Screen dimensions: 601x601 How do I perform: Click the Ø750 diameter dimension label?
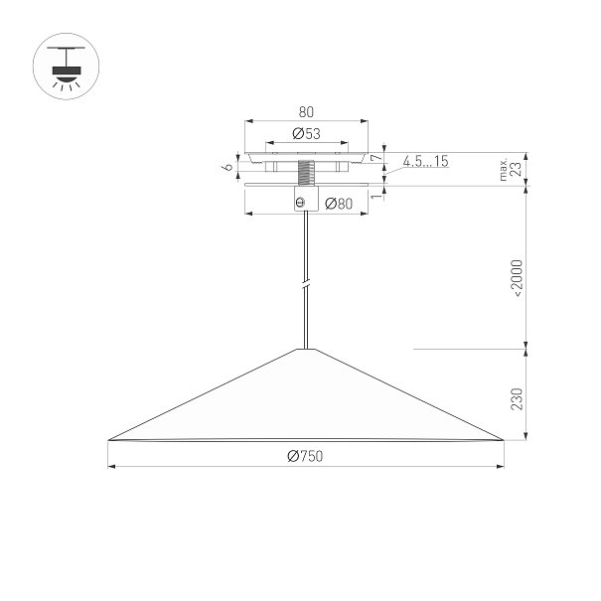coord(305,456)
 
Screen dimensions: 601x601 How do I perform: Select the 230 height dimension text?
coord(518,399)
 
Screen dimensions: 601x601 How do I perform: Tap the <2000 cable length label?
coord(518,278)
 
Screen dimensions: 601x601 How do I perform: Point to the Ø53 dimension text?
coord(306,133)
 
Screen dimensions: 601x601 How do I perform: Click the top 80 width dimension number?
coord(306,112)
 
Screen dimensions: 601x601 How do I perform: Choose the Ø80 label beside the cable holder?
coord(339,204)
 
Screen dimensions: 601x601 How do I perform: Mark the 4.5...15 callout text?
coord(425,161)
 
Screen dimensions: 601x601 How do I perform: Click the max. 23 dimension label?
coord(511,169)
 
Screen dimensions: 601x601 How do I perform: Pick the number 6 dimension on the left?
coord(228,167)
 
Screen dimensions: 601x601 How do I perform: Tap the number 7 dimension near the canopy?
coord(376,158)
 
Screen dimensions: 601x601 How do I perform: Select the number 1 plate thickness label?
coord(377,196)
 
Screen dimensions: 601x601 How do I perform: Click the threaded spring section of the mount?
coord(306,173)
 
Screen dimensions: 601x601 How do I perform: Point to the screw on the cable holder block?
coord(301,202)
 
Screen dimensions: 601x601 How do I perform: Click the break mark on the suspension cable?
coord(306,285)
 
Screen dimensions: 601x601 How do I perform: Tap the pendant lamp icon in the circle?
coord(66,67)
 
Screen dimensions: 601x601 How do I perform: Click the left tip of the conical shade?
coord(108,440)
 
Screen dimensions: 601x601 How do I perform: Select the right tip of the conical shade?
coord(504,440)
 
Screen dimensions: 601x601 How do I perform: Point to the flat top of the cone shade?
coord(306,350)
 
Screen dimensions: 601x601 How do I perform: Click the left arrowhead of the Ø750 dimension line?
coord(112,467)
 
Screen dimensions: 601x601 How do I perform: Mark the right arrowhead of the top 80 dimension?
coord(365,121)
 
